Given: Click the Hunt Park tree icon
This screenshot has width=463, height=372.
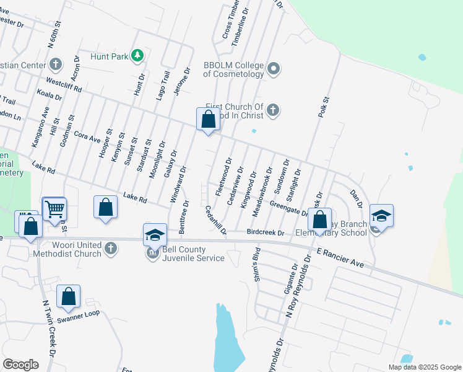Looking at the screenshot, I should (137, 56).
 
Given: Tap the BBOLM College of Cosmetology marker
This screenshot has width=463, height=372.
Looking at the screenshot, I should (274, 68).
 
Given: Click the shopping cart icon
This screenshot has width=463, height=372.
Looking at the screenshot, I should (54, 208).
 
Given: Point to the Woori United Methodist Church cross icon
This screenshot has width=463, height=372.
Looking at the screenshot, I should (110, 249).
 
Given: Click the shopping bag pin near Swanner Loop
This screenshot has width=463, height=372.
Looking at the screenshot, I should (69, 297).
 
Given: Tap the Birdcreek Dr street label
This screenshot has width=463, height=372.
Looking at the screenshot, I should (265, 232).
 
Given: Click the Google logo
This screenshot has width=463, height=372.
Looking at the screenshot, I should (21, 364).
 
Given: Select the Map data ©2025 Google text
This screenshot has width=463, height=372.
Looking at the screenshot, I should (424, 367).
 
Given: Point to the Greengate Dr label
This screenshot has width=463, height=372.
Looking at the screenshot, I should (288, 209).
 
